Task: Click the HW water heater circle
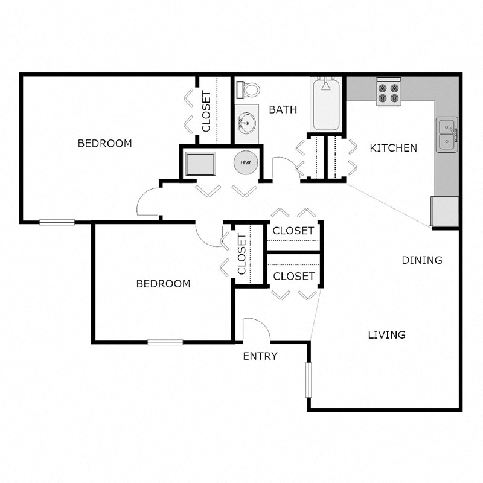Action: [x=246, y=163]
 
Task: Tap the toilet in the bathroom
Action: [x=248, y=89]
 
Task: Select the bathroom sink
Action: [x=246, y=124]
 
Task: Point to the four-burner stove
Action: [x=388, y=92]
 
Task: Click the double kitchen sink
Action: [x=447, y=135]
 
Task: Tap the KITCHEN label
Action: [x=393, y=148]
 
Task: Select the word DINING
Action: [x=422, y=260]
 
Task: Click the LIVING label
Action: [x=386, y=334]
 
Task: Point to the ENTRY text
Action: [x=260, y=356]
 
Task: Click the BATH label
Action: [x=283, y=110]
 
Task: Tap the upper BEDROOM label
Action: [x=105, y=144]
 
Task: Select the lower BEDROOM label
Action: [x=163, y=284]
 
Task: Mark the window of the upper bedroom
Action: [x=57, y=222]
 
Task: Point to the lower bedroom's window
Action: [x=165, y=342]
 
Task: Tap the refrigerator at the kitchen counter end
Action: [x=446, y=211]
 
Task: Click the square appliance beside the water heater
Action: [x=200, y=163]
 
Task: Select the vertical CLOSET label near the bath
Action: [x=206, y=111]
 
